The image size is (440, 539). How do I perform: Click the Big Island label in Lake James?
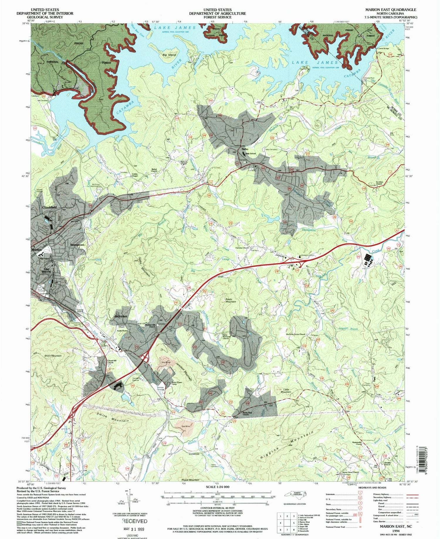[x=169, y=55]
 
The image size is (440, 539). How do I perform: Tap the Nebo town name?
[x=245, y=149]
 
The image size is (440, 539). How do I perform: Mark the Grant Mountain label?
[x=53, y=356]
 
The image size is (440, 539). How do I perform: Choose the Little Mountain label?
[x=286, y=391]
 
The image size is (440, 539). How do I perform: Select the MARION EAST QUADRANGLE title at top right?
[x=390, y=10]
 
